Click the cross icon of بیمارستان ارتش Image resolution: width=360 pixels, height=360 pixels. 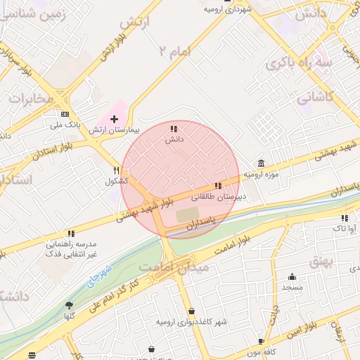[x=115, y=120]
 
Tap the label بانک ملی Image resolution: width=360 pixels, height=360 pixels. [x=65, y=125]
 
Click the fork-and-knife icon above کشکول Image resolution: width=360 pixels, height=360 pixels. [x=117, y=170]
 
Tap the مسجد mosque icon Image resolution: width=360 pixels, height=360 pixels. [x=292, y=276]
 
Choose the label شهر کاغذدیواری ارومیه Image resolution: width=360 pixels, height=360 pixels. [x=192, y=322]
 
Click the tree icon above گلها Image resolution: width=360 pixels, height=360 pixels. [x=69, y=305]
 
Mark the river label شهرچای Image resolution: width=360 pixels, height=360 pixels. [x=101, y=276]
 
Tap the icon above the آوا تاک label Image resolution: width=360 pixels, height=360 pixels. [x=345, y=218]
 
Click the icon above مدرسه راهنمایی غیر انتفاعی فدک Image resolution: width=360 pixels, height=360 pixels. [x=71, y=233]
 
